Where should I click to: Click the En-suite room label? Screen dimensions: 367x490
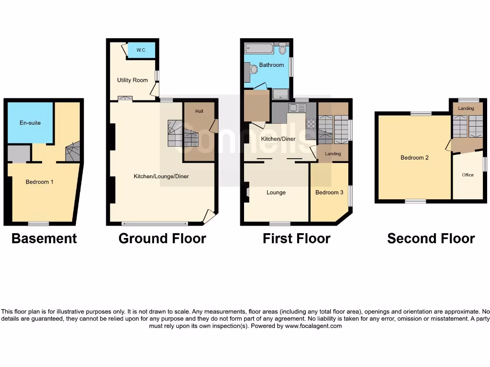click(30, 123)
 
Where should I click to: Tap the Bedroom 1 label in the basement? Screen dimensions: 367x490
click(39, 182)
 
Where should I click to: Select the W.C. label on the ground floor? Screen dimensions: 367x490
click(141, 50)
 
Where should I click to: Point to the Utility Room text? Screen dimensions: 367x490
click(133, 80)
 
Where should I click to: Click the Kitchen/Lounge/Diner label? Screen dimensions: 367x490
click(161, 176)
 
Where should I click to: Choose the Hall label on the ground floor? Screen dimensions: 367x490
click(199, 111)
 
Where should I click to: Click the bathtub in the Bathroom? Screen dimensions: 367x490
click(259, 48)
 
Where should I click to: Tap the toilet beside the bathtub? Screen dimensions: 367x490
click(282, 49)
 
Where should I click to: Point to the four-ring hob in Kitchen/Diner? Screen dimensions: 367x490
click(311, 123)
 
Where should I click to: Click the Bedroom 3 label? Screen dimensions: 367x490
click(329, 193)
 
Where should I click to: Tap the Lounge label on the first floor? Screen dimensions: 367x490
click(276, 193)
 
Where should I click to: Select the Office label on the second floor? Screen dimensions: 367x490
click(468, 175)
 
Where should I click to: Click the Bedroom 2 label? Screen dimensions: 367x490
click(414, 158)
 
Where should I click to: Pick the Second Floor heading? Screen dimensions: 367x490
click(431, 238)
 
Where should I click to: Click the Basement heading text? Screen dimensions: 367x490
click(44, 238)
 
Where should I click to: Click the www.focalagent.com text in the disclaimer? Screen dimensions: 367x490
click(313, 326)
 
